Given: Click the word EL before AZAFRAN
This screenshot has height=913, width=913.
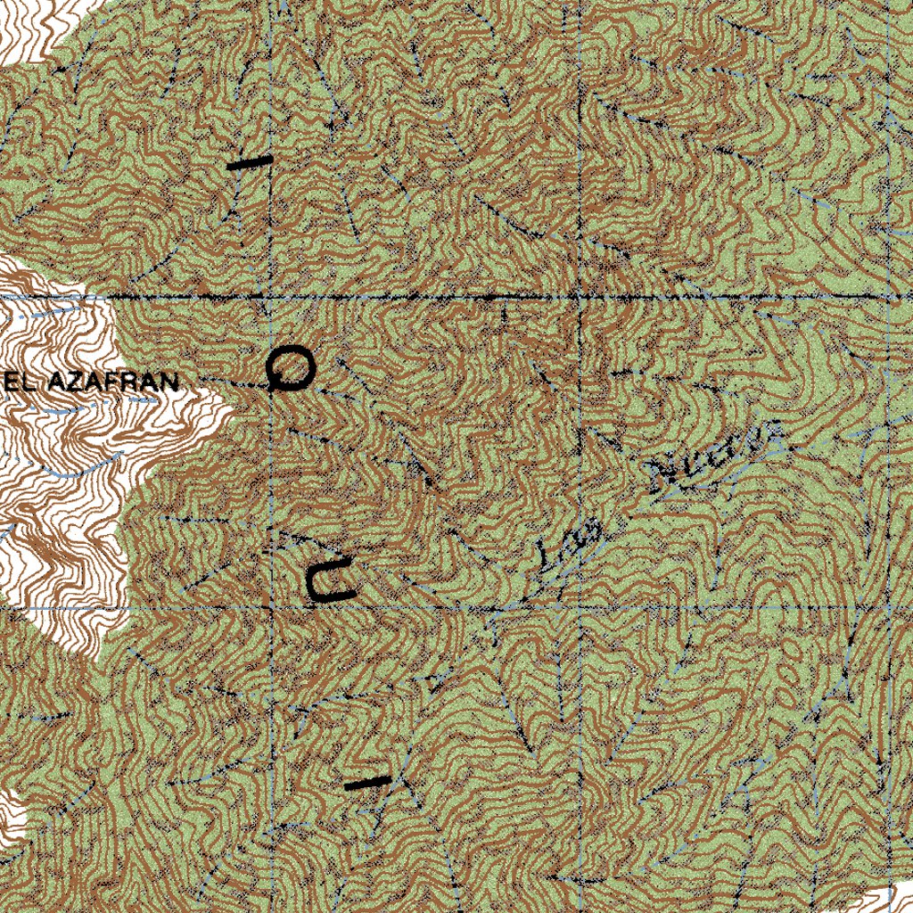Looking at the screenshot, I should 19,383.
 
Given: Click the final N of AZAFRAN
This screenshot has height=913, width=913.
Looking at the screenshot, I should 169,383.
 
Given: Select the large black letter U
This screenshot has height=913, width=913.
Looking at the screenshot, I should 329,579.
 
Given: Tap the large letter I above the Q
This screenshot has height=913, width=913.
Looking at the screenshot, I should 249,163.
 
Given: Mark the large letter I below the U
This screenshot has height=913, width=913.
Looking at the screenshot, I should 367,784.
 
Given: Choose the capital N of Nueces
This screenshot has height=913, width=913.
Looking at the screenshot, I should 664,476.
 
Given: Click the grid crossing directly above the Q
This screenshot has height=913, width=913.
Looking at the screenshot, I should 270,295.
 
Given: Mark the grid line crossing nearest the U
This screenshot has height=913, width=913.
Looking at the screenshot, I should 270,608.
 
